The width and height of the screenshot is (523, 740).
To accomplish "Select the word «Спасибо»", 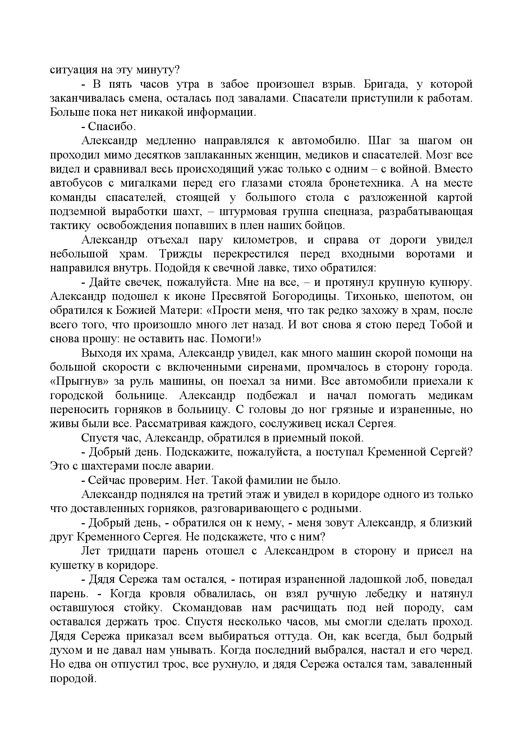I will coord(112,127).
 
